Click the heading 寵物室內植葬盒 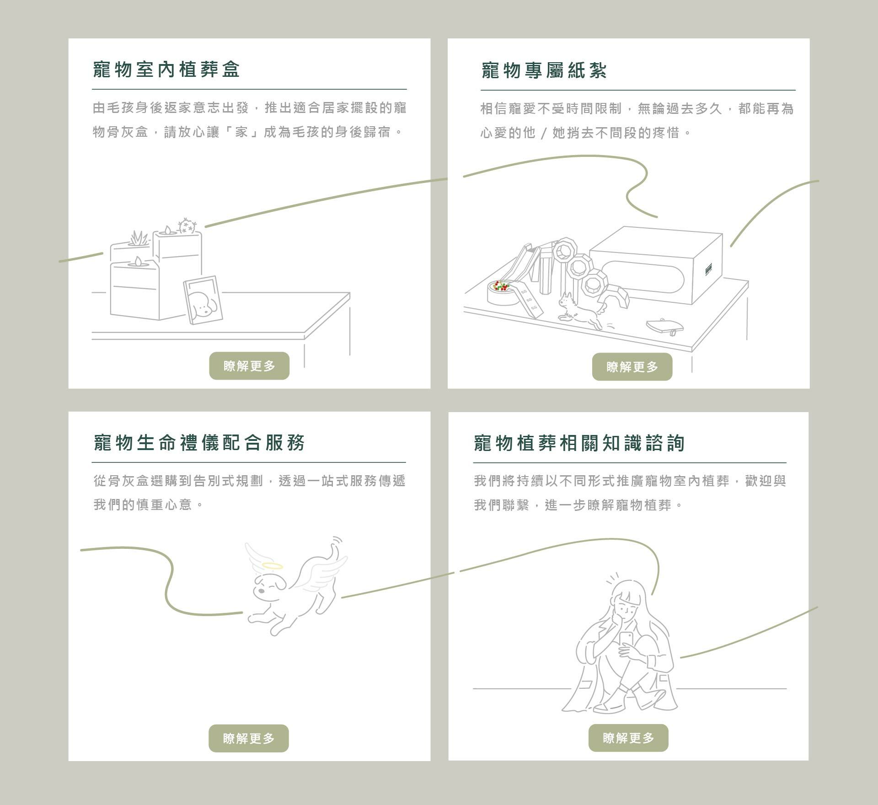coord(166,70)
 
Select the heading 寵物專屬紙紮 coord(544,71)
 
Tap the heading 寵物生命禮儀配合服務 coord(199,443)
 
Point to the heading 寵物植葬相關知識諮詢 coord(579,443)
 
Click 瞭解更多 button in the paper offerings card coord(632,366)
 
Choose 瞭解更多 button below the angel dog coord(249,738)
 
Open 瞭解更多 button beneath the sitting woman coord(628,738)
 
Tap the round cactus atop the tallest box coord(187,225)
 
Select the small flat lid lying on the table coord(665,326)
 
